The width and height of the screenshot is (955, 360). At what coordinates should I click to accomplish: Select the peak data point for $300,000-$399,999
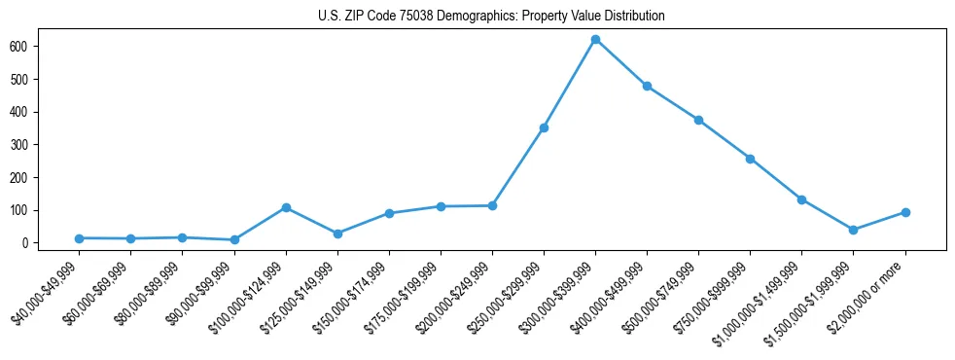(x=595, y=40)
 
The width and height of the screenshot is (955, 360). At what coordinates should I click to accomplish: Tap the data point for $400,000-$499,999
(x=647, y=86)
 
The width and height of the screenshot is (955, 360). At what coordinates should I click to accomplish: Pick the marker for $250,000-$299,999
(x=544, y=127)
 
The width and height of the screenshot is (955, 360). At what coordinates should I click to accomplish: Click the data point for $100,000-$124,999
(x=286, y=207)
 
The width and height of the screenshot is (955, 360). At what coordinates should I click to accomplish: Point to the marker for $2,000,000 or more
(x=905, y=212)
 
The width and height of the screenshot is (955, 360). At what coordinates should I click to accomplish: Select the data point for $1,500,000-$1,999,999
(x=853, y=230)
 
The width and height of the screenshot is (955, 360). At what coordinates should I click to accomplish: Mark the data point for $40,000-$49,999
(x=79, y=238)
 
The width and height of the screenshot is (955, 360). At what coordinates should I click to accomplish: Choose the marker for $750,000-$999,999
(x=750, y=159)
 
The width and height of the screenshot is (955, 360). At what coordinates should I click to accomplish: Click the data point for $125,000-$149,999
(x=337, y=234)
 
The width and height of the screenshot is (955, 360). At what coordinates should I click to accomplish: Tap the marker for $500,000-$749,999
(x=698, y=120)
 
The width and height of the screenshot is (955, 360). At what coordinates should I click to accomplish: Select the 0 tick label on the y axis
(x=34, y=243)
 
